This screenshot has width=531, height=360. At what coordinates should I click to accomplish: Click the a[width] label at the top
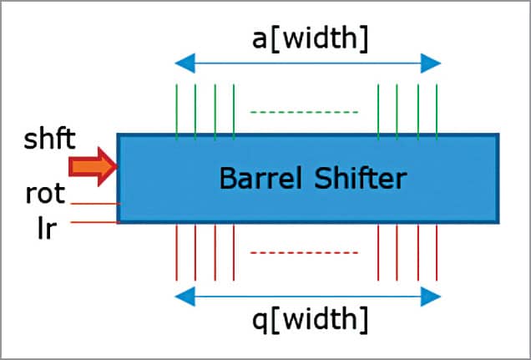(x=307, y=36)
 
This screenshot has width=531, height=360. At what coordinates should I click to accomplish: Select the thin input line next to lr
(x=94, y=222)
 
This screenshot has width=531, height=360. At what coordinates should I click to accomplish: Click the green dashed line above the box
(x=304, y=112)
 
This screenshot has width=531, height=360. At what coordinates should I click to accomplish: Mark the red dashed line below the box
(x=304, y=252)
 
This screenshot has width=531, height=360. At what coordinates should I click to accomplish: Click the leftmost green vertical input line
(x=176, y=110)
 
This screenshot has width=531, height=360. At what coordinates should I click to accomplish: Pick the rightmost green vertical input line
(x=436, y=110)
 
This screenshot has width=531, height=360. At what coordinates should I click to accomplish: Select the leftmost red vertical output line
(x=176, y=252)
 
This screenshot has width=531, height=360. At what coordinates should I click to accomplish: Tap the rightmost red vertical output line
(x=436, y=252)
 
